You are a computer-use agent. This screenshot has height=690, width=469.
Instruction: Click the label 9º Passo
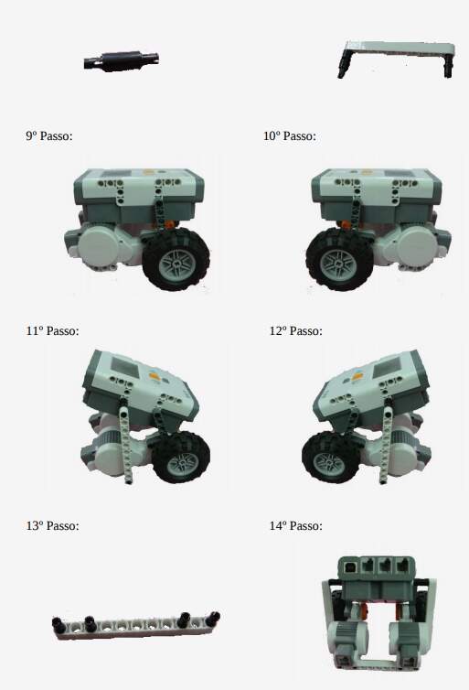tap(48, 136)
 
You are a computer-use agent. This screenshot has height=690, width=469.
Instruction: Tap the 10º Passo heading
tap(289, 136)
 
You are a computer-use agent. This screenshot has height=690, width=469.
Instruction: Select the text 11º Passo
tap(52, 330)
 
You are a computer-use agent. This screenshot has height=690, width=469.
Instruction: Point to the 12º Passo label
tap(295, 330)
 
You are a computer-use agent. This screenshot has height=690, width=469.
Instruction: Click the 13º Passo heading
tap(52, 525)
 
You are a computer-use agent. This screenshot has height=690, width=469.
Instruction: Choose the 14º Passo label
tap(295, 525)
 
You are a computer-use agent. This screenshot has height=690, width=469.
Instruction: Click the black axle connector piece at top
tap(121, 61)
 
